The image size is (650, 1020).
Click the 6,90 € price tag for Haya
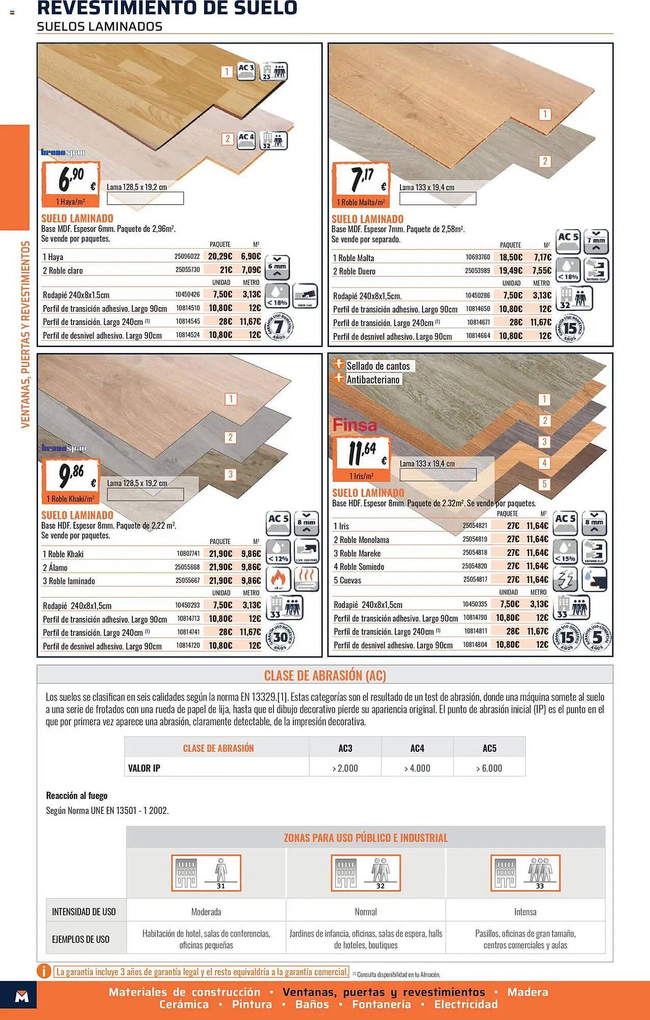tap(70, 183)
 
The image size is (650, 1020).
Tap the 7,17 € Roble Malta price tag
tap(361, 184)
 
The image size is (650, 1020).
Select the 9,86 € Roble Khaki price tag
tap(70, 480)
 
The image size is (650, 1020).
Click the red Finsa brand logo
tap(355, 425)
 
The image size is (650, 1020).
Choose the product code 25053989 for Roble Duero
tap(477, 271)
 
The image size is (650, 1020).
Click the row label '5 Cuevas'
tap(347, 580)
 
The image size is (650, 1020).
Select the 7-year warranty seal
tap(279, 327)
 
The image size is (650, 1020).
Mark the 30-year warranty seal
tap(280, 637)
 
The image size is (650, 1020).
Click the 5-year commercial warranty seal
tap(597, 637)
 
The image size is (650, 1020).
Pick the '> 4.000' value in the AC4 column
tap(417, 768)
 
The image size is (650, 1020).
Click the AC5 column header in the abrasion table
tap(489, 748)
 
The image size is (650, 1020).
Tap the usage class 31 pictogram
tap(206, 873)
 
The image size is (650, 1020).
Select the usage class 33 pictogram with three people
tap(526, 873)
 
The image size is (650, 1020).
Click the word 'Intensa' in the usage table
tap(525, 912)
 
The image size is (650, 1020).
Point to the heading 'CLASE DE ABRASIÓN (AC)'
tap(325, 676)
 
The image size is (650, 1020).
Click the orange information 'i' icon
tap(44, 971)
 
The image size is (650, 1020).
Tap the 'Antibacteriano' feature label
tap(373, 379)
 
